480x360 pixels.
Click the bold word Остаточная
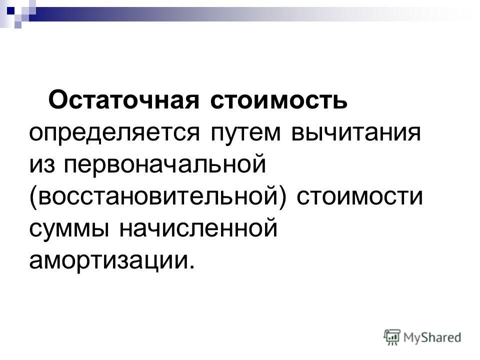(x=124, y=100)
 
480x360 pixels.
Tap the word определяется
(x=115, y=133)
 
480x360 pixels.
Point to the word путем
(x=245, y=133)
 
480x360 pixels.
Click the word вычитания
(x=356, y=133)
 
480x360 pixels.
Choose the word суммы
(x=69, y=229)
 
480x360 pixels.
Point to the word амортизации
(x=109, y=261)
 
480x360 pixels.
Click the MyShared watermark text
(x=432, y=337)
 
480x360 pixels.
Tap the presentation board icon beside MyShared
(x=392, y=337)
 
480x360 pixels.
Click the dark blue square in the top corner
(x=10, y=10)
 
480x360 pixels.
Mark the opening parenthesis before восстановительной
(x=33, y=197)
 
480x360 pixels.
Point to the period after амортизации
(x=191, y=266)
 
